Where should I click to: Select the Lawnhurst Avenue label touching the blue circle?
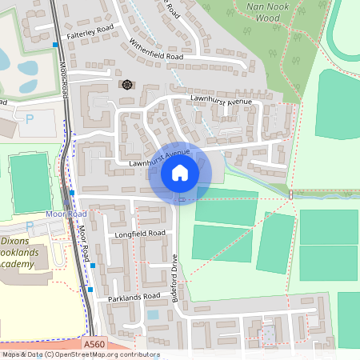tap(160, 158)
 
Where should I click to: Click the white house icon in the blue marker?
tap(180, 172)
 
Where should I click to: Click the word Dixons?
tap(15, 239)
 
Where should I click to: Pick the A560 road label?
tap(95, 344)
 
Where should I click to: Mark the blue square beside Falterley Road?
tap(54, 46)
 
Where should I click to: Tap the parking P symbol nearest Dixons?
tap(29, 226)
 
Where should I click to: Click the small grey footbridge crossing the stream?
tap(291, 194)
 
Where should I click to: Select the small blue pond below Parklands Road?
tap(153, 314)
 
